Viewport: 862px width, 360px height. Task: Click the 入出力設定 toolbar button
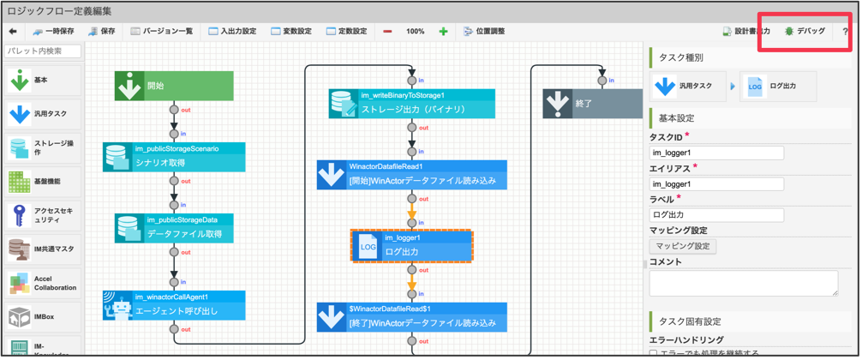click(x=232, y=32)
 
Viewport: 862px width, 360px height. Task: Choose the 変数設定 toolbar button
click(x=291, y=32)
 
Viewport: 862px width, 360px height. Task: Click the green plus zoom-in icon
click(x=443, y=32)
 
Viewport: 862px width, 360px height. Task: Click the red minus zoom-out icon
click(x=387, y=32)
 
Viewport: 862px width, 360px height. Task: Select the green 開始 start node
click(x=174, y=86)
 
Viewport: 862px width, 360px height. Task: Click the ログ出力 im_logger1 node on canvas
click(x=411, y=246)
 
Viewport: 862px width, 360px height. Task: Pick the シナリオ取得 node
click(x=174, y=157)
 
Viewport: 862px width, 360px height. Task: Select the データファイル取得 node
click(x=174, y=228)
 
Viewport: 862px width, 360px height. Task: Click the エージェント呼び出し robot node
click(x=174, y=305)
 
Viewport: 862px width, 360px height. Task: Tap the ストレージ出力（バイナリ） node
click(x=411, y=104)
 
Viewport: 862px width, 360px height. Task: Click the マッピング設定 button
click(x=682, y=246)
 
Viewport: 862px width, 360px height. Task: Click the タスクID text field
click(x=716, y=153)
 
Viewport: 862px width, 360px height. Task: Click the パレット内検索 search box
click(x=42, y=51)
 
